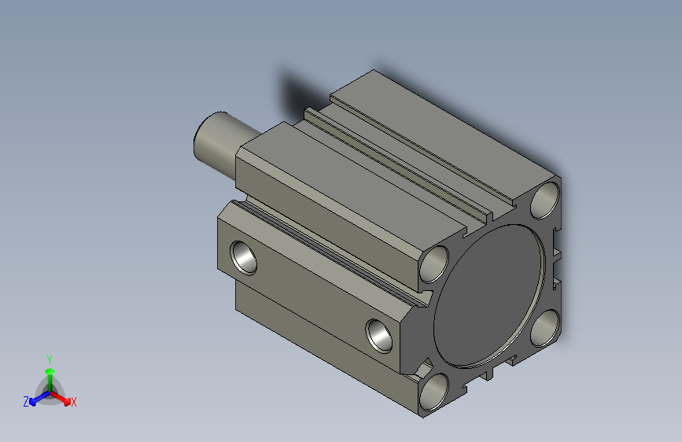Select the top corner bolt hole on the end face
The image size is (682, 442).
(546, 200)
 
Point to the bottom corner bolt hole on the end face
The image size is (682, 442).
(433, 392)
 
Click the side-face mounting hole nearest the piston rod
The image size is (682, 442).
(244, 257)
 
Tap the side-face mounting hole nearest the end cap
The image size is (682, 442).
(382, 333)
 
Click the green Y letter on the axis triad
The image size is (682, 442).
(49, 358)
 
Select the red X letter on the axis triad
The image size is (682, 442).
(73, 402)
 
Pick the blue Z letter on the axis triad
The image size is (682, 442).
(26, 401)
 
